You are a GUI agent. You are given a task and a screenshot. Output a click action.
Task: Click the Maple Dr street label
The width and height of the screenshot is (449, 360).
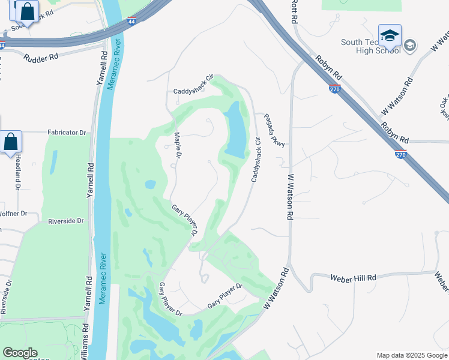(178, 146)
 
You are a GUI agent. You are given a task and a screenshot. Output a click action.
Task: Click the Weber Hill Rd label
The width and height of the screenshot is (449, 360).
(353, 277)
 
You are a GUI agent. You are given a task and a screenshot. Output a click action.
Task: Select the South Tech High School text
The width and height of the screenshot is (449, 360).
(370, 46)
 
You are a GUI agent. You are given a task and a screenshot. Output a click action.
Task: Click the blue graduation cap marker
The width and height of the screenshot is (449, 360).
(390, 35)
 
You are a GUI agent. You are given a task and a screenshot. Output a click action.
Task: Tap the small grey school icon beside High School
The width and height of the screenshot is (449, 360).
(410, 46)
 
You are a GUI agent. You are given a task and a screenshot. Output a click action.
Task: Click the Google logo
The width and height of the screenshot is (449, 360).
(20, 353)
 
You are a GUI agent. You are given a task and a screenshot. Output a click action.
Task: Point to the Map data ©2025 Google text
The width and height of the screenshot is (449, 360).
(411, 355)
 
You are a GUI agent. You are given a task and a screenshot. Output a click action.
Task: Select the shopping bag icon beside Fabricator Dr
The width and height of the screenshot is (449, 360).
(11, 142)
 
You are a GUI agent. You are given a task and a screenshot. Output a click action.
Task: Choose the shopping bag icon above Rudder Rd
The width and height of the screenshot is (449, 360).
(27, 10)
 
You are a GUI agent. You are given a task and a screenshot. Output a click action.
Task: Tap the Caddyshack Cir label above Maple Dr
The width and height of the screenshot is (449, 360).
(193, 85)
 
